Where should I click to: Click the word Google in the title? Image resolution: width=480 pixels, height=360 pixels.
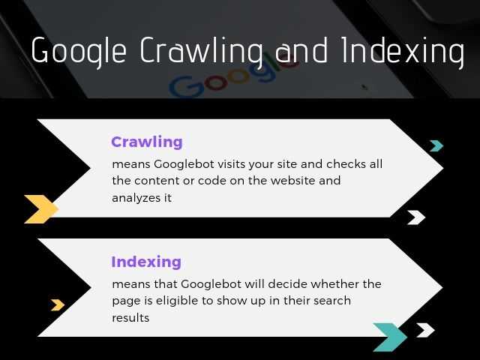[x=79, y=52]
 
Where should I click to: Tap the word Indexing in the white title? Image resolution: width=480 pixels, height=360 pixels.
[x=402, y=52]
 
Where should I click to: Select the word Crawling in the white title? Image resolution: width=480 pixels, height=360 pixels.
[x=200, y=52]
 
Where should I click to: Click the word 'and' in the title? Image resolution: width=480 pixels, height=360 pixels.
[x=303, y=50]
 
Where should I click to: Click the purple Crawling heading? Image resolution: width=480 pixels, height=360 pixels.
[x=147, y=142]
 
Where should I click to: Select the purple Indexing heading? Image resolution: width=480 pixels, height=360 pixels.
[x=146, y=262]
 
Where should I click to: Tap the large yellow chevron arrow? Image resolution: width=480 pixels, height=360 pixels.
[x=41, y=208]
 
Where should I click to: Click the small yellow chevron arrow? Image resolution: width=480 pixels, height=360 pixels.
[x=57, y=304]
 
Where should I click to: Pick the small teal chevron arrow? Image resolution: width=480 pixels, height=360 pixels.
[x=436, y=145]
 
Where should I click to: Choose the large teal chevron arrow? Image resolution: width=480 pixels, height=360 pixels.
[x=390, y=337]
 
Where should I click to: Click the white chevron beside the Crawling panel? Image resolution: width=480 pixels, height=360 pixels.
[x=416, y=217]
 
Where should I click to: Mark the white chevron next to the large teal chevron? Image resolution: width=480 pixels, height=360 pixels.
[x=425, y=330]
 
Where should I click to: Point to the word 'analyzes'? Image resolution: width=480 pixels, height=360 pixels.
[x=131, y=198]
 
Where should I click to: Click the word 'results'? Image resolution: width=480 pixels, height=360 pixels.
[x=130, y=318]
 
